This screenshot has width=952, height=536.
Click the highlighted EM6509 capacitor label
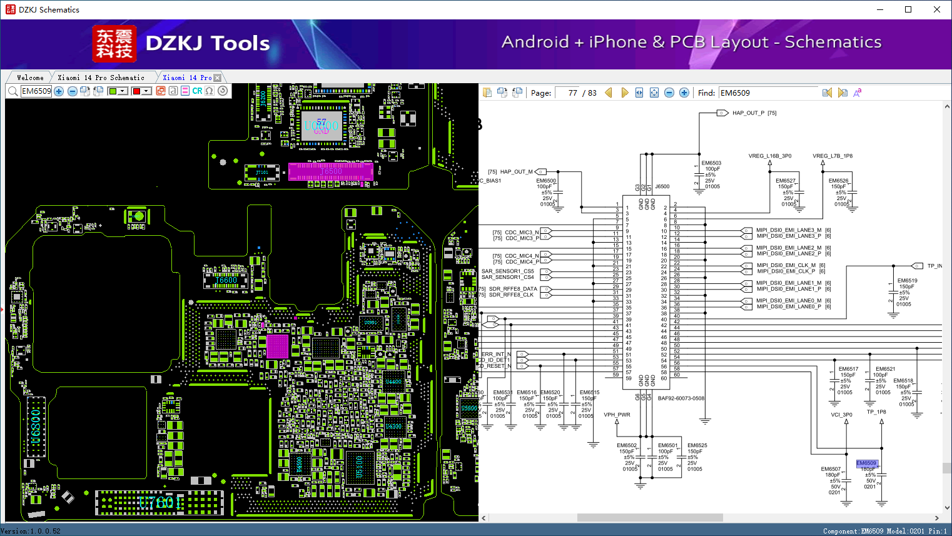tap(866, 463)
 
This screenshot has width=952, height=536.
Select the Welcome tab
tap(30, 78)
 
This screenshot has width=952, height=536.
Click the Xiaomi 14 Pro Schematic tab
tap(101, 78)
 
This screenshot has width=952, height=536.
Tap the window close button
tap(936, 9)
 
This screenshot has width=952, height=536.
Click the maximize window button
tap(908, 9)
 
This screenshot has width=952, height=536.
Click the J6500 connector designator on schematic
tap(662, 186)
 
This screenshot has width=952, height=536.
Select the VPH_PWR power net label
tap(617, 415)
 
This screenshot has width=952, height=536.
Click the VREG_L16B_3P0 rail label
tap(769, 156)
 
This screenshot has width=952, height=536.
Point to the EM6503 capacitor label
tap(711, 163)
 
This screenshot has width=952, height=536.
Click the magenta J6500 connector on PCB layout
tap(330, 171)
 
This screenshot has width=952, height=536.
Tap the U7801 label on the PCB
tap(160, 502)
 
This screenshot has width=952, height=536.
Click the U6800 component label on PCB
tap(36, 426)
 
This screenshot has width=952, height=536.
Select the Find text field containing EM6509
tap(767, 93)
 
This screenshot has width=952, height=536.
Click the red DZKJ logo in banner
tap(114, 43)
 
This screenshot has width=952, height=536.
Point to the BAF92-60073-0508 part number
tap(681, 398)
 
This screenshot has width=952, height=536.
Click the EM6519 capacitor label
tap(907, 281)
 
